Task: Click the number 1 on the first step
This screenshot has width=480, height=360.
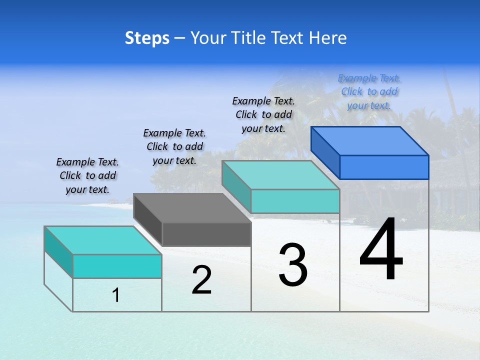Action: point(116,295)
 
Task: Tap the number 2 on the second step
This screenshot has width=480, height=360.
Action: point(201,280)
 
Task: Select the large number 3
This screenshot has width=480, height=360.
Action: point(293,265)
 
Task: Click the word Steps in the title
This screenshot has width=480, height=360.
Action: point(147,38)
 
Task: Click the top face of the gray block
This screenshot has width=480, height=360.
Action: point(192,208)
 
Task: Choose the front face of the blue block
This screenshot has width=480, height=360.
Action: point(384,167)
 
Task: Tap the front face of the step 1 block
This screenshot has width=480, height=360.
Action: point(117,266)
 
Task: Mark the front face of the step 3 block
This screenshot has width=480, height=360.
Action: point(295,201)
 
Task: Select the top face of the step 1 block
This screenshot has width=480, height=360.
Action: point(102,240)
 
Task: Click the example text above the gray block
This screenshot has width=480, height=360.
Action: point(174,146)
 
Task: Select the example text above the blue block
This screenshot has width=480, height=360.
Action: point(369,91)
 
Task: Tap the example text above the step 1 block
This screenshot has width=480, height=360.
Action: point(87,175)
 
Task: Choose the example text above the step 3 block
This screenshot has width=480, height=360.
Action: point(263,114)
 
